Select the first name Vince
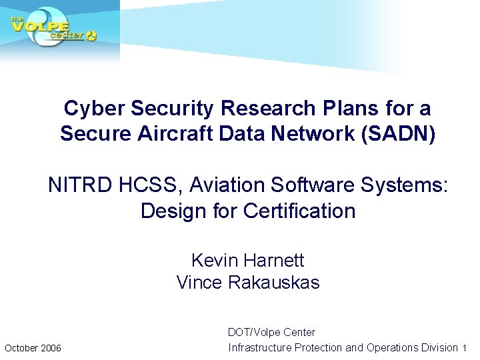click(x=199, y=283)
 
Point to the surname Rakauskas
click(x=273, y=283)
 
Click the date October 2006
click(x=33, y=348)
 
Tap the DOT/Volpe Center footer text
click(x=271, y=332)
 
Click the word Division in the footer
click(x=440, y=348)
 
